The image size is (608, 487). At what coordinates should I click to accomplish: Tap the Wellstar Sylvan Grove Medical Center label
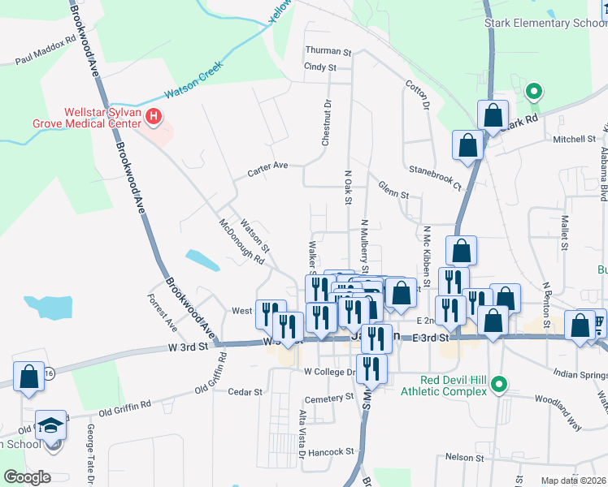[x=100, y=119]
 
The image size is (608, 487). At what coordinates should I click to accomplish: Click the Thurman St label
[x=328, y=51]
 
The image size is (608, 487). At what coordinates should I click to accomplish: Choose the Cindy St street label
[x=319, y=67]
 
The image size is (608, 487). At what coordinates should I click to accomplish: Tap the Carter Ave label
[x=268, y=166]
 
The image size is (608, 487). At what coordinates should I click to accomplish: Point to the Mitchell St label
[x=575, y=139]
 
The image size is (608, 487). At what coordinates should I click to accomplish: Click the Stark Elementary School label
[x=545, y=23]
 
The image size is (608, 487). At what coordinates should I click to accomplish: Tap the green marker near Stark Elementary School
[x=534, y=92]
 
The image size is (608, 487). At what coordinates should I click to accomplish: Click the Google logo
[x=26, y=477]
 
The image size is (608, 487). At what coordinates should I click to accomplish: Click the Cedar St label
[x=245, y=391]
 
